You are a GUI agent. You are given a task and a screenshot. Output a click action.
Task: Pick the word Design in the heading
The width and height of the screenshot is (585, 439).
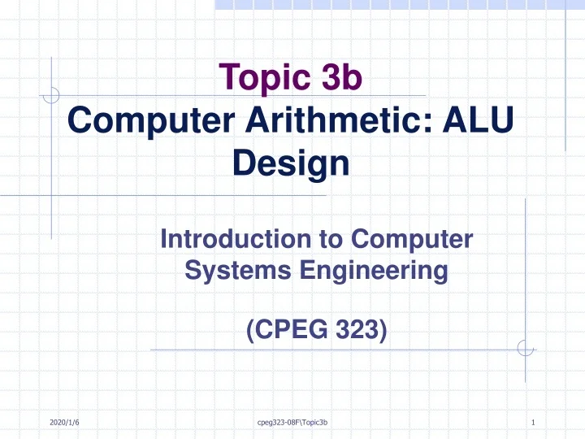click(x=291, y=165)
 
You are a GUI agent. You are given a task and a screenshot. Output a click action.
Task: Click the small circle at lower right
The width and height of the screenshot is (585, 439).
click(x=525, y=350)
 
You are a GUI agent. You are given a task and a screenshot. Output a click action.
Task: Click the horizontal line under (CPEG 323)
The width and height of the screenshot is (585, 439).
click(x=325, y=350)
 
